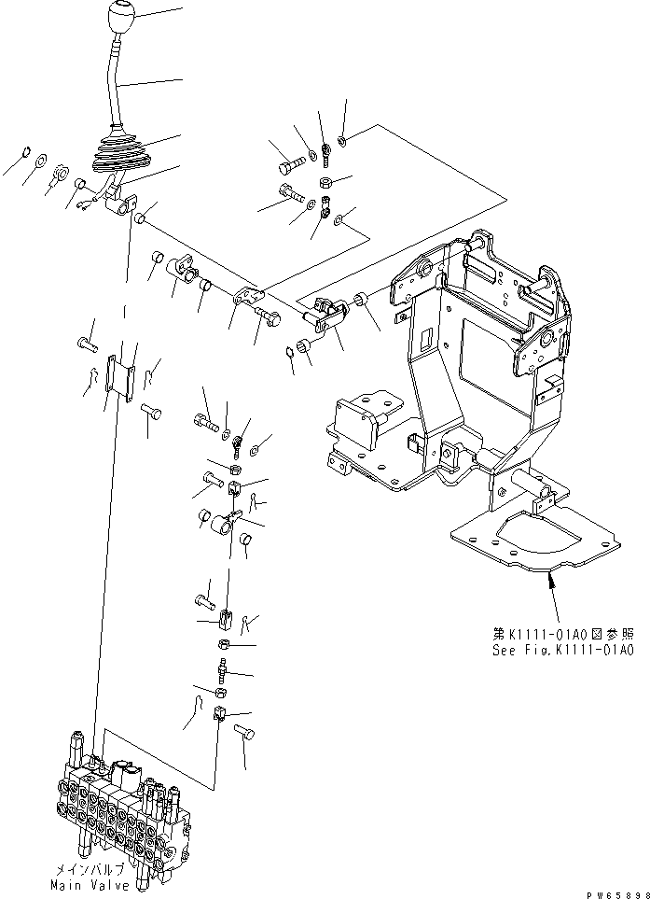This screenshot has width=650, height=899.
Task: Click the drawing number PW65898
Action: (x=616, y=892)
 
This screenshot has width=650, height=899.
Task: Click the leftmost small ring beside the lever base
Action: (x=27, y=151)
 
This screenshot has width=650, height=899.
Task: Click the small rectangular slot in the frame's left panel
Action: (x=424, y=340)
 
